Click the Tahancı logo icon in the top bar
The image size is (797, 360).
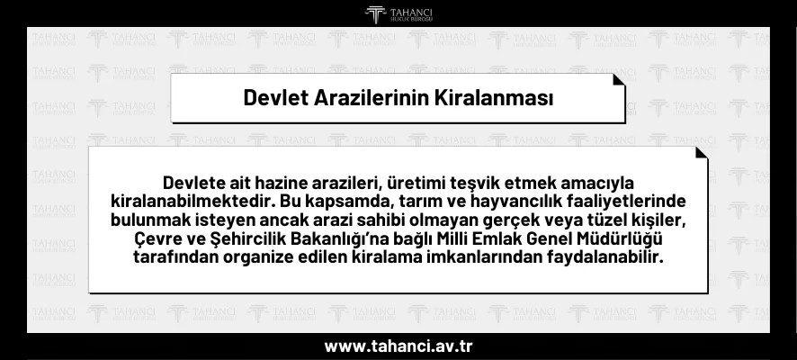point(375,13)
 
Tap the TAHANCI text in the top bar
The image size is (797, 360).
point(409,11)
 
